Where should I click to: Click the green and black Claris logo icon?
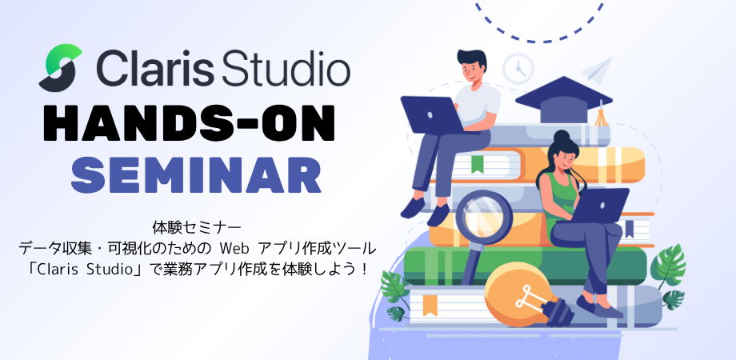click(60, 67)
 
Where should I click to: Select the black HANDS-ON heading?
click(189, 123)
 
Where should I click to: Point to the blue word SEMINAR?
click(196, 175)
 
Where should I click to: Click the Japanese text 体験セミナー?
click(197, 228)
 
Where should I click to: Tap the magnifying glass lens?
click(483, 218)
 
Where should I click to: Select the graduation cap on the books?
click(564, 99)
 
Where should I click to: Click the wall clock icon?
click(518, 69)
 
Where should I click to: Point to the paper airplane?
click(597, 70)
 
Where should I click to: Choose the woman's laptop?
click(600, 205)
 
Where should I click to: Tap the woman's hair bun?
click(562, 137)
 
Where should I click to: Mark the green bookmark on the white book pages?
click(478, 163)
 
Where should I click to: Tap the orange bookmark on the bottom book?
click(429, 305)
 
